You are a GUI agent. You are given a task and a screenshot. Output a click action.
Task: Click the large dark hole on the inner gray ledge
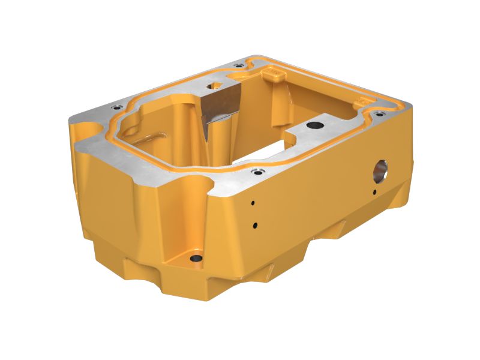tap(314, 125)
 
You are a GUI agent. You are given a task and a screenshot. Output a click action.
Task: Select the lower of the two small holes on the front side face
tap(255, 226)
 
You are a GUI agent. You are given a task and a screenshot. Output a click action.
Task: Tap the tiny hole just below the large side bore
tap(374, 192)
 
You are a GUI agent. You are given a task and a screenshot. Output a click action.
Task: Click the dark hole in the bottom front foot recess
tap(196, 259)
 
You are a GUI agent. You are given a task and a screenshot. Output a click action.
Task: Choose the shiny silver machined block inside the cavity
tap(219, 105)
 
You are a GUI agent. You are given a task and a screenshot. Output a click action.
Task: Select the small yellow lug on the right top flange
tap(364, 103)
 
